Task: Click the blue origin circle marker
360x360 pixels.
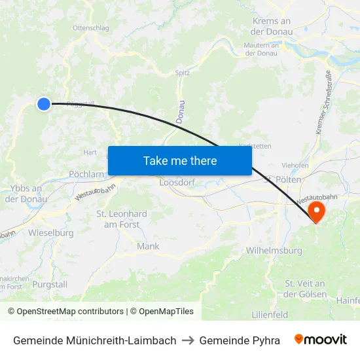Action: tap(44, 103)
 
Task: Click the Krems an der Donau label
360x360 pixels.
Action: tap(271, 26)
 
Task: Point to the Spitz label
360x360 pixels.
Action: tap(183, 73)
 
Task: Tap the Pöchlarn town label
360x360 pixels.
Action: tap(86, 174)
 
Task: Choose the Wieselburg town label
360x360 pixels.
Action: tap(50, 232)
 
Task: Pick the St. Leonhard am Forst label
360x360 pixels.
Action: tap(122, 219)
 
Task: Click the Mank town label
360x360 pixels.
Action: tap(149, 246)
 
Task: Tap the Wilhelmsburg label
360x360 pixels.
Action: tap(274, 251)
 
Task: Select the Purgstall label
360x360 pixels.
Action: tap(50, 284)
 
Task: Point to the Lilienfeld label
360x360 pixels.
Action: tap(270, 315)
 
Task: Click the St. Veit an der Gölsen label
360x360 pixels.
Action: tap(305, 289)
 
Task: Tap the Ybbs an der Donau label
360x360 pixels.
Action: tap(26, 194)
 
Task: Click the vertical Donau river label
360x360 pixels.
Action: tap(181, 112)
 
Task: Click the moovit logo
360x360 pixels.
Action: tap(321, 340)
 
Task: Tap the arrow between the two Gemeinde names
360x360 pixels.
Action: tap(188, 340)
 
